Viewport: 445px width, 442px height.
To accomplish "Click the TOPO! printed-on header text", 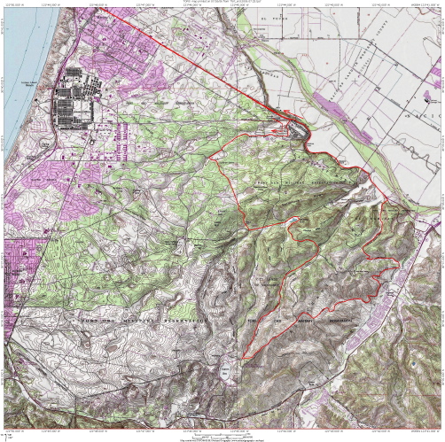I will [222, 3].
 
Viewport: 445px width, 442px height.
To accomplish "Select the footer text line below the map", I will [222, 438].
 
